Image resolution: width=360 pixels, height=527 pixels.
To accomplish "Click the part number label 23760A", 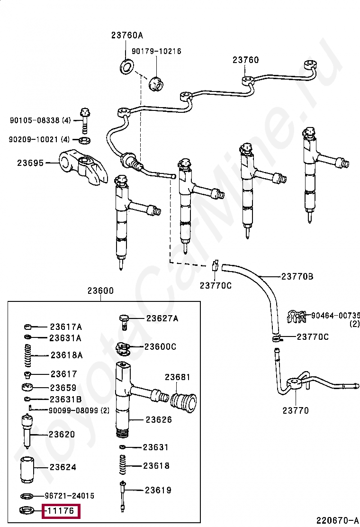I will pyautogui.click(x=127, y=35).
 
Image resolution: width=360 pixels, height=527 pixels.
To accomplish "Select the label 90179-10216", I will pyautogui.click(x=156, y=51).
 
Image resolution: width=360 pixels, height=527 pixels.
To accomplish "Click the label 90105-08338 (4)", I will pyautogui.click(x=40, y=120).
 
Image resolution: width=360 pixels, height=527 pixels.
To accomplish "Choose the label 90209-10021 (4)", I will pyautogui.click(x=39, y=139).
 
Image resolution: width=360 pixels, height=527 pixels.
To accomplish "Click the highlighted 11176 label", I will pyautogui.click(x=62, y=511).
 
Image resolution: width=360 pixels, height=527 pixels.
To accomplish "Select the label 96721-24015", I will pyautogui.click(x=69, y=496).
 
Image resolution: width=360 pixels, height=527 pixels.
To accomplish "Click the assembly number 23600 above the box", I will pyautogui.click(x=100, y=291).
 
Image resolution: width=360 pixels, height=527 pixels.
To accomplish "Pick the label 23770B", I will pyautogui.click(x=297, y=276).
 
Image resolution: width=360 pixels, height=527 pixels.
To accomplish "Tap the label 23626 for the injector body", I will pyautogui.click(x=159, y=419).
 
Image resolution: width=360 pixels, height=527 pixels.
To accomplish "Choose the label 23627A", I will pyautogui.click(x=162, y=318).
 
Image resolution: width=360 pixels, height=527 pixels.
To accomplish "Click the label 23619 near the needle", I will pyautogui.click(x=158, y=490).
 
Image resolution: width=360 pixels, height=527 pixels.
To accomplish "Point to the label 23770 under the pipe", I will pyautogui.click(x=296, y=410).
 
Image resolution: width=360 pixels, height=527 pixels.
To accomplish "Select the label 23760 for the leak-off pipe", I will pyautogui.click(x=245, y=60).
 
